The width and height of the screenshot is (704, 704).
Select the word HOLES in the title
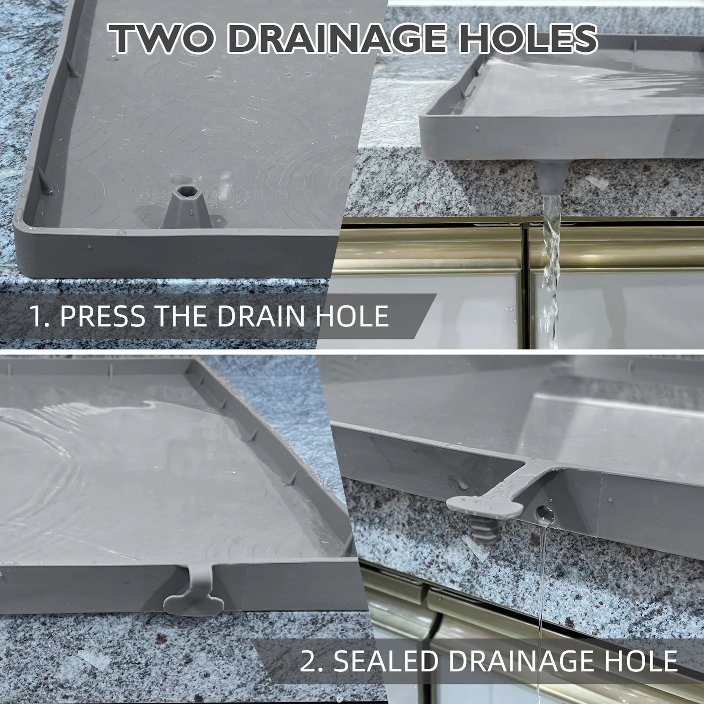[529, 39]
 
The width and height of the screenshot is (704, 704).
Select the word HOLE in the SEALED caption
[638, 661]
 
